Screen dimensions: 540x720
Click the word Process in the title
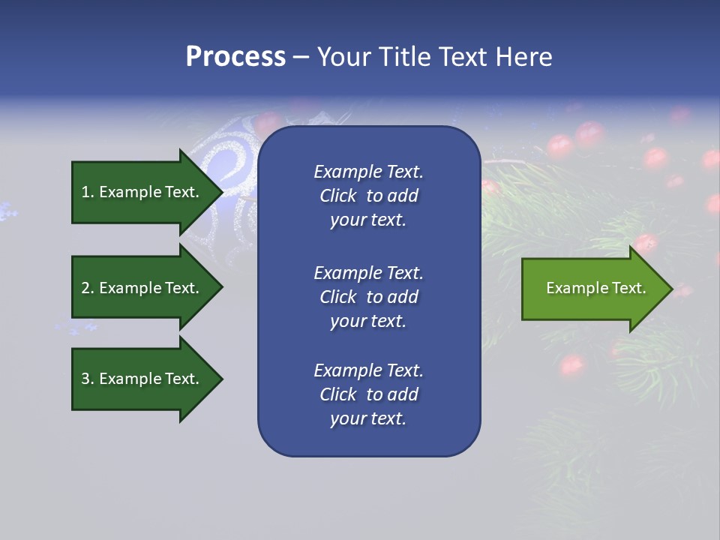point(235,57)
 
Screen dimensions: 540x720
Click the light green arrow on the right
point(592,289)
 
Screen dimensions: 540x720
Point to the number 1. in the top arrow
point(88,192)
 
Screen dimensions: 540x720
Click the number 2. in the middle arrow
point(88,288)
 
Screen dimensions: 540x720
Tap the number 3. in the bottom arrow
point(88,379)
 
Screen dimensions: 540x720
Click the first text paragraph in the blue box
point(368,196)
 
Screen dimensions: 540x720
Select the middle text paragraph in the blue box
point(368,297)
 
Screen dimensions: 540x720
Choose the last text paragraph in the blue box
point(368,394)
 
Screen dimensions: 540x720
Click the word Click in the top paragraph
point(337,196)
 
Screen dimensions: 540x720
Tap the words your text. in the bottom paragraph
point(368,418)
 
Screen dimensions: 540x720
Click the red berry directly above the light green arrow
point(644,242)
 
